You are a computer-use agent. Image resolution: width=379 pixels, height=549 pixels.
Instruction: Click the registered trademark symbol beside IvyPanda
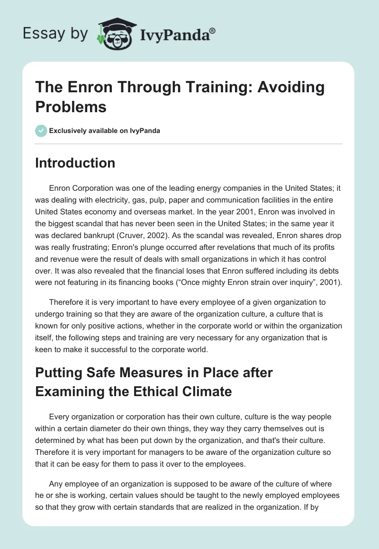click(x=212, y=31)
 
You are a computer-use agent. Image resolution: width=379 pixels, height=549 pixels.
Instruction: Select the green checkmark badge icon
click(x=41, y=131)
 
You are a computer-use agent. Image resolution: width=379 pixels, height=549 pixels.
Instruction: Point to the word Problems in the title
click(x=71, y=106)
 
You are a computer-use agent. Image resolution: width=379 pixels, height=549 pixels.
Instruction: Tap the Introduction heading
click(x=75, y=163)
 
